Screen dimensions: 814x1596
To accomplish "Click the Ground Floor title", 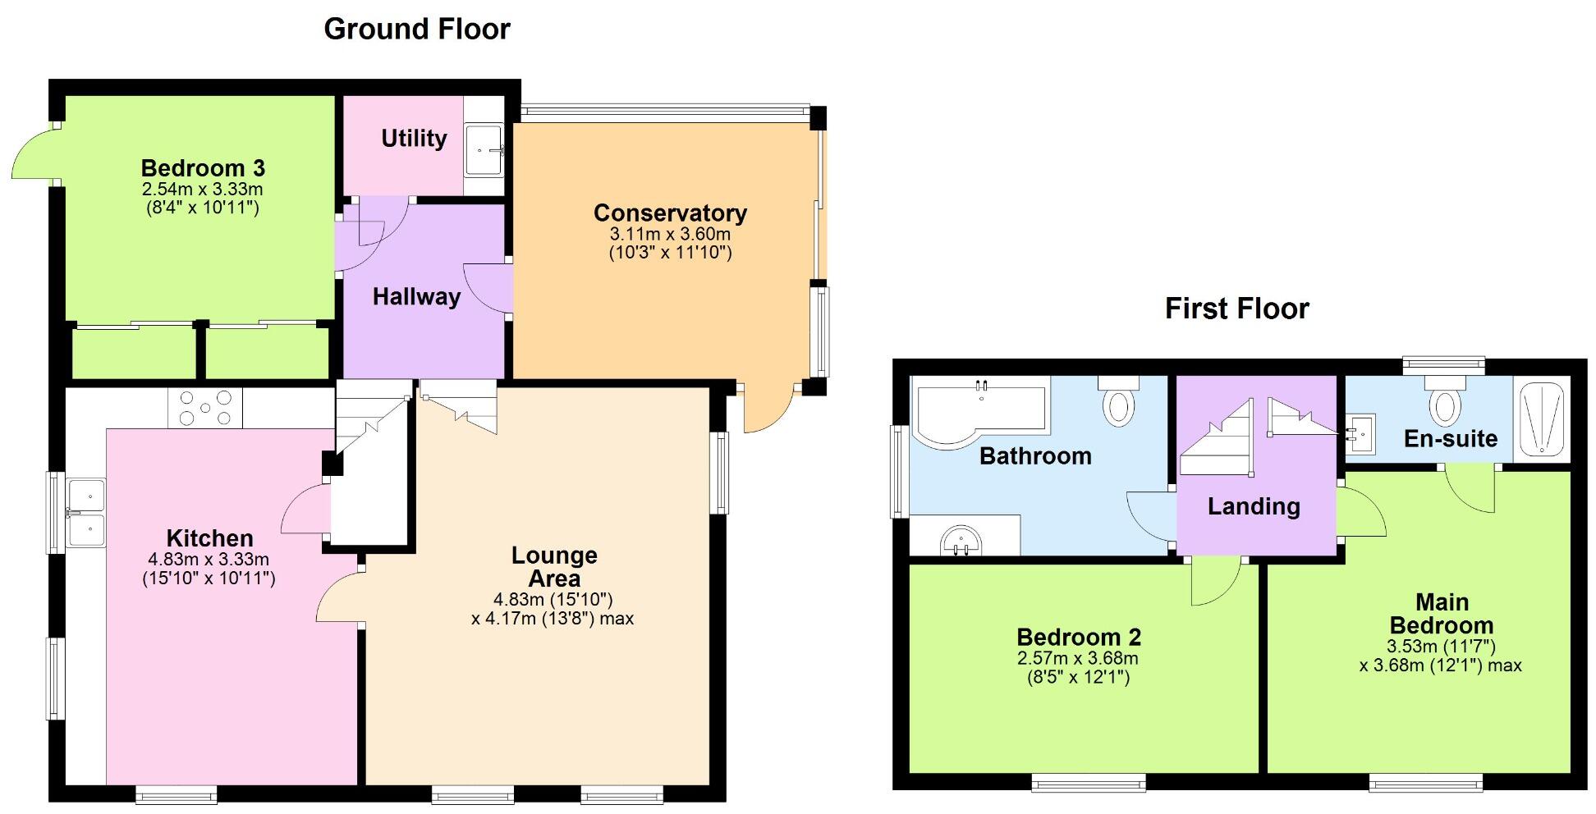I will coord(417,30).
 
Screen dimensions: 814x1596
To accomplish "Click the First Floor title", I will coord(1236,309).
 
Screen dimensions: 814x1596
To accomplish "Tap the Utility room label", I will coord(414,138).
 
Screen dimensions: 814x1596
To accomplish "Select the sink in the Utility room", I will coord(484,150).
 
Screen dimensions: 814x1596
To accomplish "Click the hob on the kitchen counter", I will coord(205,408).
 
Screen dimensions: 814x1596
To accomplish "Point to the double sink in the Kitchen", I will coord(86,514).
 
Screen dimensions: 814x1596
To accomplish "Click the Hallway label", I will coord(416,297).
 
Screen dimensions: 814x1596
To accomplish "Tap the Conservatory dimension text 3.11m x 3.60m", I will coord(670,234).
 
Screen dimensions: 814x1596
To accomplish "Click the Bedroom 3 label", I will coord(203,168).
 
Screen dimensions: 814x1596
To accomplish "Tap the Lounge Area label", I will coord(554,566).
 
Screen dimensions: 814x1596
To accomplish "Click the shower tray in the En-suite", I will coord(1542,419).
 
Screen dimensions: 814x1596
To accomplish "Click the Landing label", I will coord(1254,506).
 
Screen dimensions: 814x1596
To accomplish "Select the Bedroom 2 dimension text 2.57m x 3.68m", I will coord(1077,658).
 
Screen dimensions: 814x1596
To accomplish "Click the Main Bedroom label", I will coord(1442,614).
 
